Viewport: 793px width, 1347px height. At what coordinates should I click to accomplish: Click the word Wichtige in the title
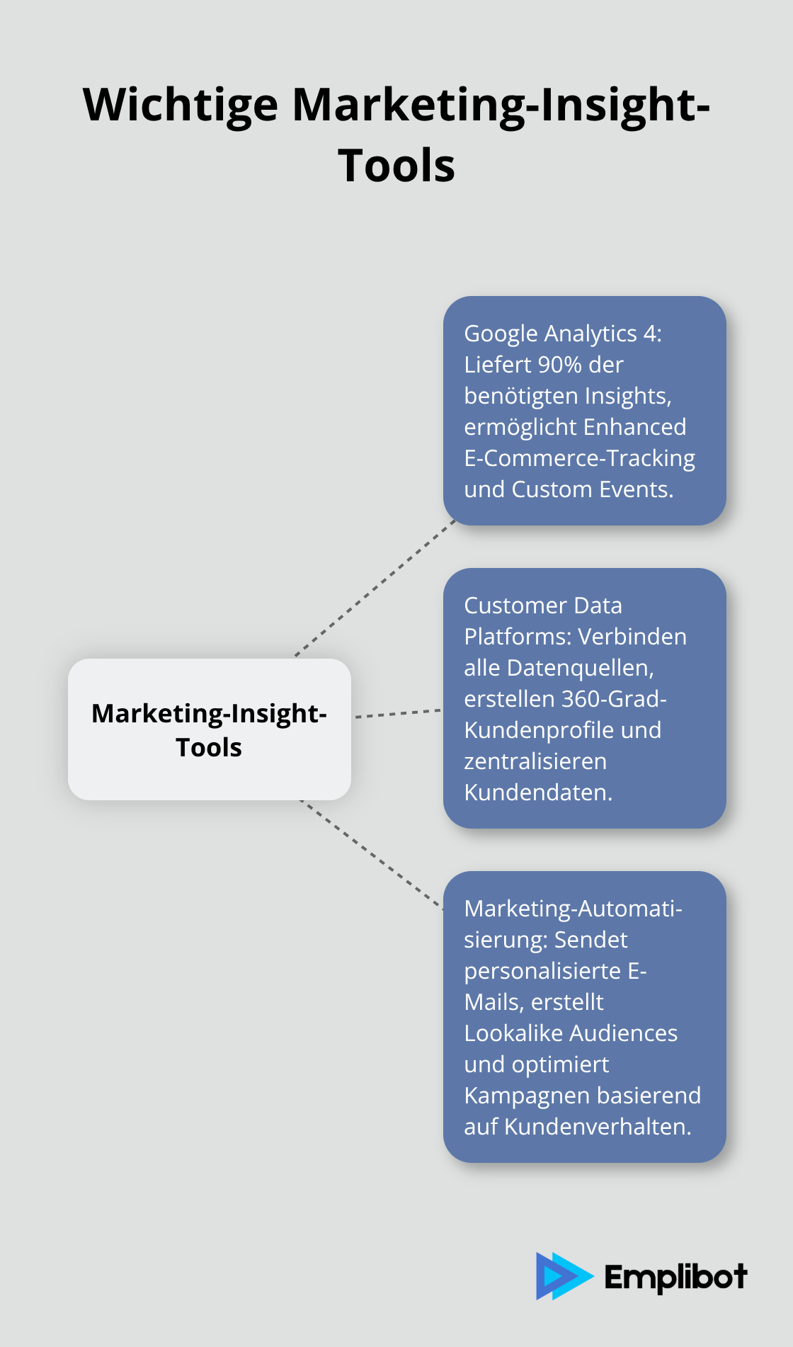pyautogui.click(x=181, y=106)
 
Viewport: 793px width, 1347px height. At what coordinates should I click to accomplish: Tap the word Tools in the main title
pyautogui.click(x=396, y=166)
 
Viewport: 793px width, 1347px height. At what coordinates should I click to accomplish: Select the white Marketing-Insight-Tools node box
pyautogui.click(x=209, y=729)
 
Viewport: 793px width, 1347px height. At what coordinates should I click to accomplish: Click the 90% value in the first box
pyautogui.click(x=559, y=365)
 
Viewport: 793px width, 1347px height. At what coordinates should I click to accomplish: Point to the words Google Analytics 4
pyautogui.click(x=562, y=334)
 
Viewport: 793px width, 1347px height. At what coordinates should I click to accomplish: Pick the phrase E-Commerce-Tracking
pyautogui.click(x=579, y=458)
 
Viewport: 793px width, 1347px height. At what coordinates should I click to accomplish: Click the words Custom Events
pyautogui.click(x=593, y=489)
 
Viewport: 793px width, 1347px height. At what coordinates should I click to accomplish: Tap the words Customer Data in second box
pyautogui.click(x=542, y=606)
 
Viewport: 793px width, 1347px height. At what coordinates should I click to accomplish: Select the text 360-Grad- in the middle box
pyautogui.click(x=614, y=699)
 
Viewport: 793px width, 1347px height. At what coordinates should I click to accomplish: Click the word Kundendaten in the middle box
pyautogui.click(x=538, y=792)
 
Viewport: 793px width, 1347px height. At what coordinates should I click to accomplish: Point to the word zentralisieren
pyautogui.click(x=535, y=761)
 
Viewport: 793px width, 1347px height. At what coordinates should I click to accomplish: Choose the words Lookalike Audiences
pyautogui.click(x=571, y=1033)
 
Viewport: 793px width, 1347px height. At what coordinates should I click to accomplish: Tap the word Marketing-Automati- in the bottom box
pyautogui.click(x=573, y=909)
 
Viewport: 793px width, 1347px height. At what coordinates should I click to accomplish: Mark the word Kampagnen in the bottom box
pyautogui.click(x=522, y=1096)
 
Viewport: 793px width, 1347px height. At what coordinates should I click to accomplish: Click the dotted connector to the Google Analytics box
pyautogui.click(x=375, y=588)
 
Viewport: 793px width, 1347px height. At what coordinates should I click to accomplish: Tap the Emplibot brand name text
pyautogui.click(x=675, y=1278)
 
